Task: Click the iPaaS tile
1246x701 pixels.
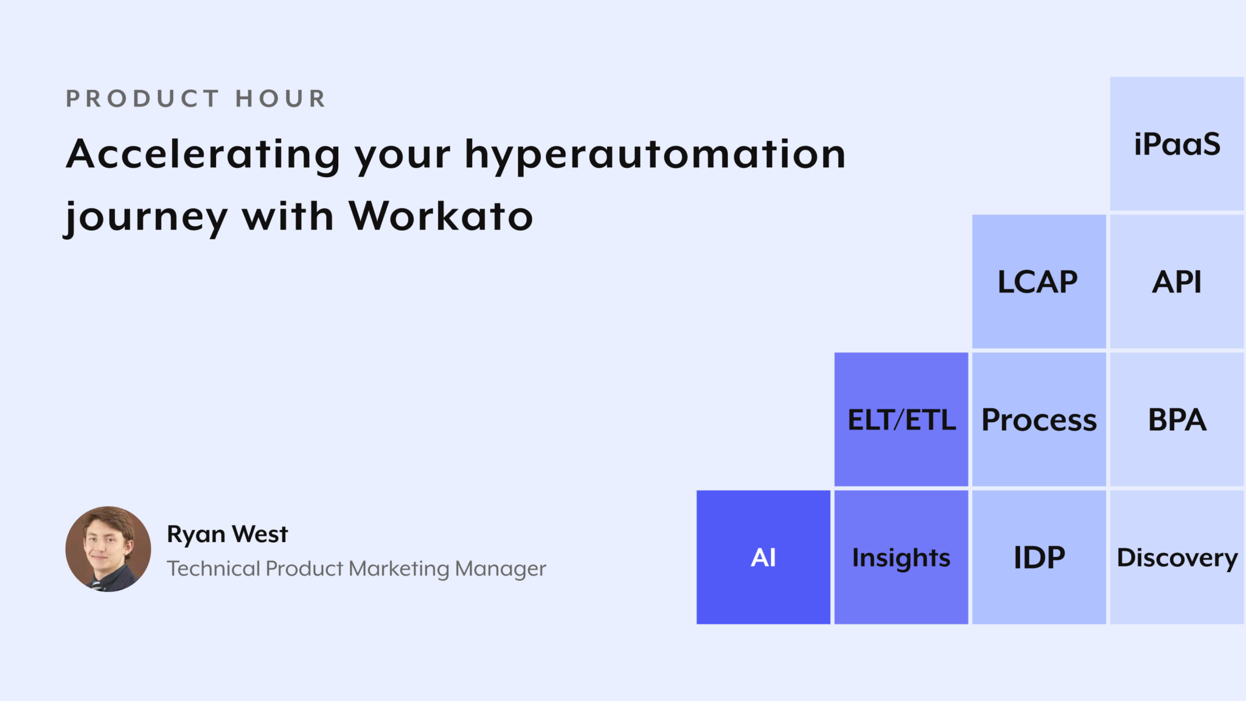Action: tap(1177, 144)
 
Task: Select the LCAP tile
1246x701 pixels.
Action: tap(1039, 282)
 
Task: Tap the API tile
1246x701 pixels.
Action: tap(1177, 282)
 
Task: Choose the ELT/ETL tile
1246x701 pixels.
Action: tap(901, 420)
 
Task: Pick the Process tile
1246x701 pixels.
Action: tap(1039, 420)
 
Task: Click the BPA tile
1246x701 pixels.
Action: tap(1177, 420)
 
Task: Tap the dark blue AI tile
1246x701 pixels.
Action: tap(763, 557)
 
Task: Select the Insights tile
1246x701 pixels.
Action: tap(901, 557)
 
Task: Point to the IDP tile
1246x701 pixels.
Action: tap(1039, 557)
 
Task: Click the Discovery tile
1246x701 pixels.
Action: tap(1177, 557)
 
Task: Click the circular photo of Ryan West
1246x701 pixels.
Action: tap(108, 549)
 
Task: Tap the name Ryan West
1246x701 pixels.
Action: tap(227, 534)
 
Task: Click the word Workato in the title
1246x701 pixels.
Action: tap(440, 216)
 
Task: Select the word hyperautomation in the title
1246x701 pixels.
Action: tap(655, 154)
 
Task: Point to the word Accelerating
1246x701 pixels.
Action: tap(203, 154)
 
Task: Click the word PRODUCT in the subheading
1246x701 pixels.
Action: tap(142, 99)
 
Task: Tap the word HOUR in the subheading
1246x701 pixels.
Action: tap(281, 99)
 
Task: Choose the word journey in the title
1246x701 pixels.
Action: tap(146, 217)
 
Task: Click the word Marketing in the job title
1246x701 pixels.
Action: tap(399, 569)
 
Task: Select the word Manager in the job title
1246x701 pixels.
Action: tap(500, 569)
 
